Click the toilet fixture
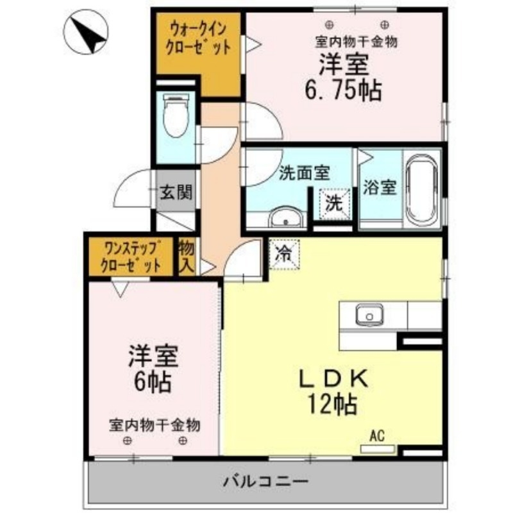click(174, 116)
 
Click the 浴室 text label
click(380, 187)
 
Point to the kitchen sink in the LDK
click(369, 315)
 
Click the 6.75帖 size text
click(342, 90)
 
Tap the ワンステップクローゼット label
click(132, 256)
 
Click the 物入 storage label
click(187, 256)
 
